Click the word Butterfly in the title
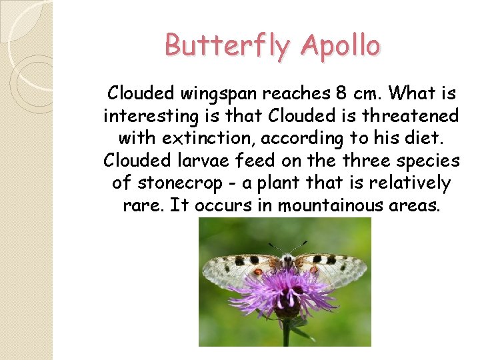tap(228, 46)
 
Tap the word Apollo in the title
tap(340, 46)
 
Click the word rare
tap(143, 205)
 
